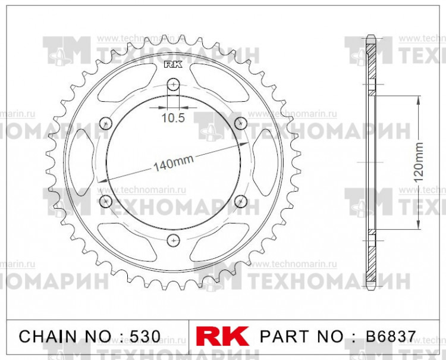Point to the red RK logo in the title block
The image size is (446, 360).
pyautogui.click(x=222, y=335)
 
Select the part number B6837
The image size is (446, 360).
pyautogui.click(x=384, y=336)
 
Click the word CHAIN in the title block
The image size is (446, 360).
pyautogui.click(x=45, y=336)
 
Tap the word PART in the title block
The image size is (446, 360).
pyautogui.click(x=281, y=336)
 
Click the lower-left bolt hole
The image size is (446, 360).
pyautogui.click(x=106, y=201)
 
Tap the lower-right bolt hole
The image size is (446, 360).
pyautogui.click(x=241, y=201)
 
